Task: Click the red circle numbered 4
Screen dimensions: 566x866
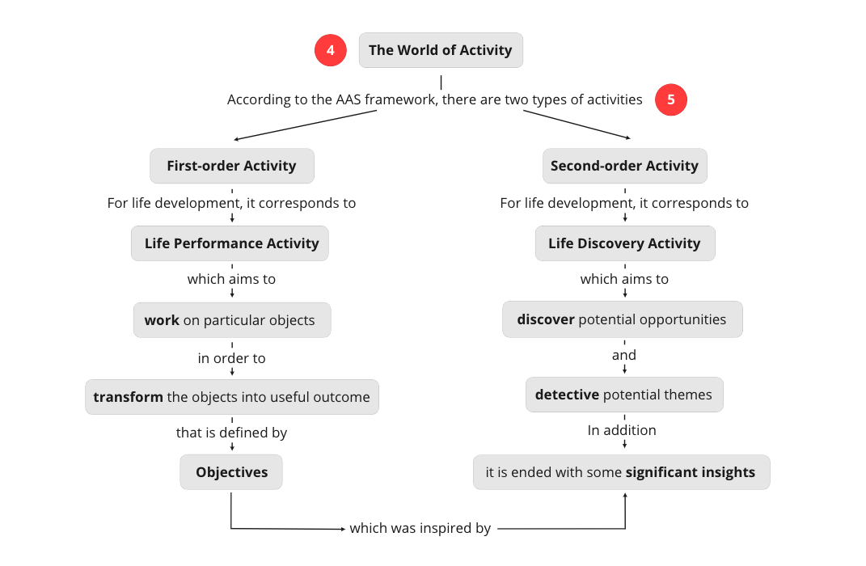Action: pyautogui.click(x=330, y=50)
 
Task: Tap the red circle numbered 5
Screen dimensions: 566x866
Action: pyautogui.click(x=670, y=100)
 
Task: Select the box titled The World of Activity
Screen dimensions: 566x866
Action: pyautogui.click(x=441, y=50)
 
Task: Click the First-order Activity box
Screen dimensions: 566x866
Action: pyautogui.click(x=231, y=166)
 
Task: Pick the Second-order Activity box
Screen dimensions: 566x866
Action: pyautogui.click(x=624, y=166)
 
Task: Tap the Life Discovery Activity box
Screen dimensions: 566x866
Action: pyautogui.click(x=624, y=243)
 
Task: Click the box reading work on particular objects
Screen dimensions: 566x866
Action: pyautogui.click(x=231, y=320)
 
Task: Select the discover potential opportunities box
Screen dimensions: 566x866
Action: pyautogui.click(x=622, y=319)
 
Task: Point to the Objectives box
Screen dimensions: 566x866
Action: pyautogui.click(x=231, y=472)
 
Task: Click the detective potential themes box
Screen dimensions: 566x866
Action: pyautogui.click(x=623, y=395)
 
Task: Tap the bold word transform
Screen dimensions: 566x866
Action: pyautogui.click(x=128, y=397)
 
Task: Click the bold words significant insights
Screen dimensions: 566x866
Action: pyautogui.click(x=690, y=472)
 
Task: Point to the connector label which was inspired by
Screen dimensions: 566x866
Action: pyautogui.click(x=420, y=528)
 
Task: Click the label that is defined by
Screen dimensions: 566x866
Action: pyautogui.click(x=231, y=433)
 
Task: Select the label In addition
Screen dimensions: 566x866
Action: pyautogui.click(x=622, y=430)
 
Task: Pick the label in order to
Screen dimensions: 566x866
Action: pyautogui.click(x=231, y=357)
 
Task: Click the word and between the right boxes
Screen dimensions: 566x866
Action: pyautogui.click(x=623, y=355)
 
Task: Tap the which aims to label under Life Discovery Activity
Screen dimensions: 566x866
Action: pyautogui.click(x=624, y=279)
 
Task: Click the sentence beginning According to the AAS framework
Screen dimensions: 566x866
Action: pyautogui.click(x=434, y=99)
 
